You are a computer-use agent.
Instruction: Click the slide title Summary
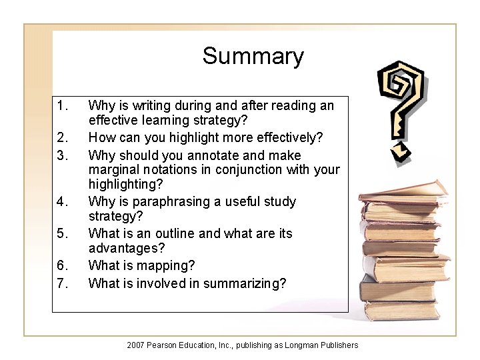point(253,56)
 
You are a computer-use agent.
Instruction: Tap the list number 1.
point(62,105)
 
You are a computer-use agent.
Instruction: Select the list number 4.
point(62,201)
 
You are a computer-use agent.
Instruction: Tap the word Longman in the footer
point(303,345)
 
